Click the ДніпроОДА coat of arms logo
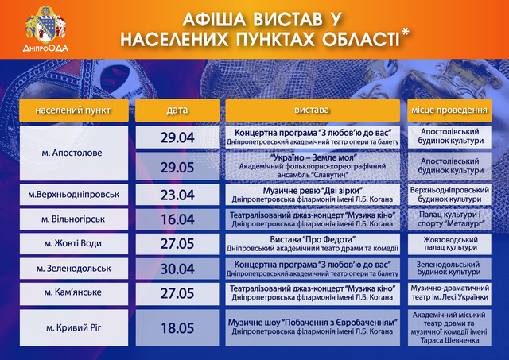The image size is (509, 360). click(46, 29)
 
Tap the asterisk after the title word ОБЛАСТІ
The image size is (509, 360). click(405, 33)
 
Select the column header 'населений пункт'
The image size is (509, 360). click(74, 110)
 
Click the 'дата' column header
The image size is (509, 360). click(177, 110)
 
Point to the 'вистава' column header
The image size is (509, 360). click(313, 110)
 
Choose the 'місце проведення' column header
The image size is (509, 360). click(449, 110)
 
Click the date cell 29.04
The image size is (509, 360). click(177, 137)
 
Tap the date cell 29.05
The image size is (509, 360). click(177, 167)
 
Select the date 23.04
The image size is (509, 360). click(177, 195)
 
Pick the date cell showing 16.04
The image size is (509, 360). click(177, 219)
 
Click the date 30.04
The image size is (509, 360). click(177, 269)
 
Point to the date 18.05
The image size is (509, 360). click(177, 328)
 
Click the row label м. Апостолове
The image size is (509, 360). click(74, 153)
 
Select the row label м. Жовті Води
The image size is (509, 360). click(74, 243)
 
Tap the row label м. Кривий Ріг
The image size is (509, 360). click(74, 328)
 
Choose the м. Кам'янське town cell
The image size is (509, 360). click(74, 293)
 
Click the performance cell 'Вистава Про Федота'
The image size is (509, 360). click(313, 243)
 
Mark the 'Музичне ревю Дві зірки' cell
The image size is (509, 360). click(313, 195)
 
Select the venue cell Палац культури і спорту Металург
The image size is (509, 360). click(449, 219)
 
